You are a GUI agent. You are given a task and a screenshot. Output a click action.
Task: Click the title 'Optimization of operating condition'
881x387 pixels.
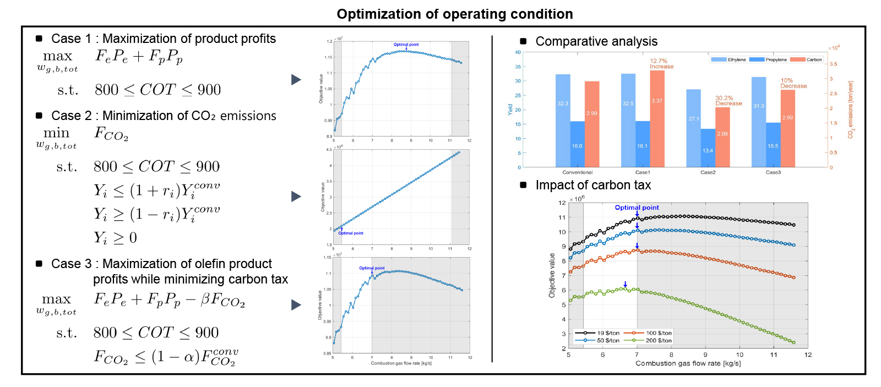coord(455,14)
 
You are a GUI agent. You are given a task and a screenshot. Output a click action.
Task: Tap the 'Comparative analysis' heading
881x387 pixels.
coord(596,41)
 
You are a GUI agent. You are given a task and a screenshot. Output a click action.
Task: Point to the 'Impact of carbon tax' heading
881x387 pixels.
coord(593,185)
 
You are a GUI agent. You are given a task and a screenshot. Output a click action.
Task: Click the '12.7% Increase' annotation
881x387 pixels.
coord(661,64)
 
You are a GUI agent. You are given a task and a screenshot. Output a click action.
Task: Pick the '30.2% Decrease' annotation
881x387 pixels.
coord(728,101)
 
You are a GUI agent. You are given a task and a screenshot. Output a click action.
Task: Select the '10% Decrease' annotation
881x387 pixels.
coord(793,83)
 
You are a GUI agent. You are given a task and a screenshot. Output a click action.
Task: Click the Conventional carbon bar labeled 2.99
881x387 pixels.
coord(592,124)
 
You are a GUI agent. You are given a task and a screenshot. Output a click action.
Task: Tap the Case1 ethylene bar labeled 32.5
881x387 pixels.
coord(628,120)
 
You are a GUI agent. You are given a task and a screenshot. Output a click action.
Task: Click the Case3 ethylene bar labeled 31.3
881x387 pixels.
coord(759,122)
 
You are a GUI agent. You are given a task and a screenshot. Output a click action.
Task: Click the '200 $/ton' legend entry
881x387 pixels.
coord(658,341)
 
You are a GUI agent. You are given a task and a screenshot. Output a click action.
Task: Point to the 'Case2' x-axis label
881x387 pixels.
coord(708,172)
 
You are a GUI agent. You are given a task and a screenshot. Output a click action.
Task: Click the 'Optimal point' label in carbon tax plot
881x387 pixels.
coord(637,208)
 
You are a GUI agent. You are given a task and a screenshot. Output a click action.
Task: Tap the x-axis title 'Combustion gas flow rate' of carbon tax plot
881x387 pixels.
coord(688,363)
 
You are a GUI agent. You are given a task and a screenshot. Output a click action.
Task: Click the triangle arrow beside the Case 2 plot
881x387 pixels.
coord(296,197)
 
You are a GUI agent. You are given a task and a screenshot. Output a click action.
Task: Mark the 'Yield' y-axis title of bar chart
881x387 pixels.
coord(510,109)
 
